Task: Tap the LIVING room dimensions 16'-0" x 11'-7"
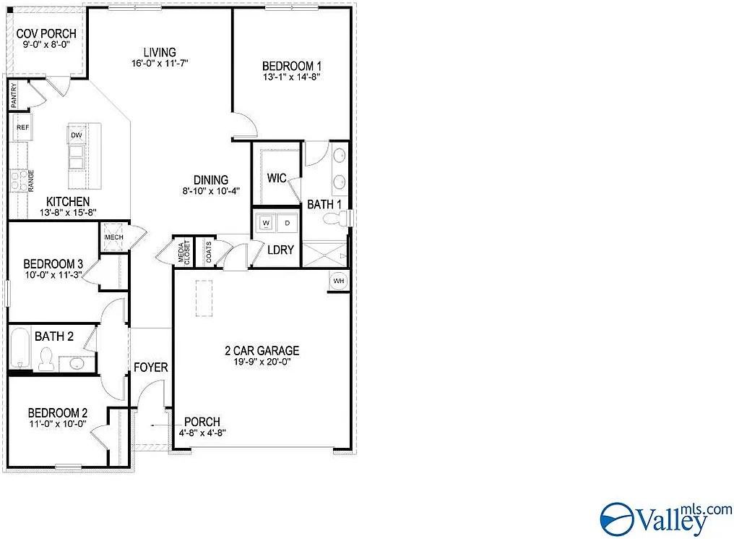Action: point(160,64)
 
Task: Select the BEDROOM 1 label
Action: point(291,66)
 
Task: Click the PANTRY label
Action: point(14,96)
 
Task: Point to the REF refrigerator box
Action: point(23,127)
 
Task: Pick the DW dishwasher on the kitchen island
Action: point(77,135)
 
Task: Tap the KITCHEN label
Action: point(68,201)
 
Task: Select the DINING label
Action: point(211,180)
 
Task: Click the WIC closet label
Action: point(277,178)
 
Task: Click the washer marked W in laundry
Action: point(266,222)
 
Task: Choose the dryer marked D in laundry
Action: point(287,222)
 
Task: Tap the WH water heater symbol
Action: point(338,281)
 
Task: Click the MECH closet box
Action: point(114,237)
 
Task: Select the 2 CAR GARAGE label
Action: point(262,351)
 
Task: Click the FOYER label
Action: point(150,368)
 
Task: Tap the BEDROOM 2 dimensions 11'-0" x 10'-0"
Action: point(58,424)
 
